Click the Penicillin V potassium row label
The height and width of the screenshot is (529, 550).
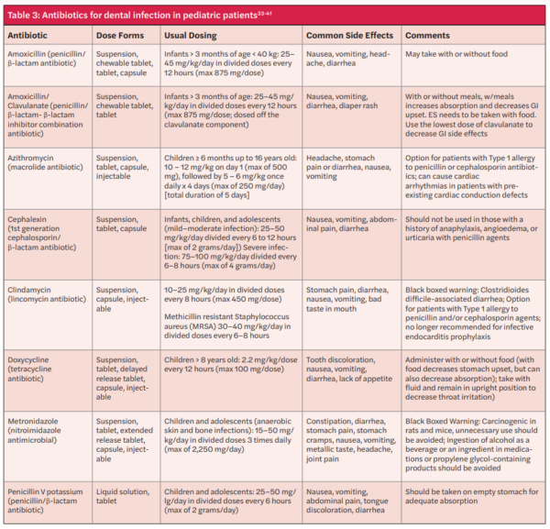click(51, 492)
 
